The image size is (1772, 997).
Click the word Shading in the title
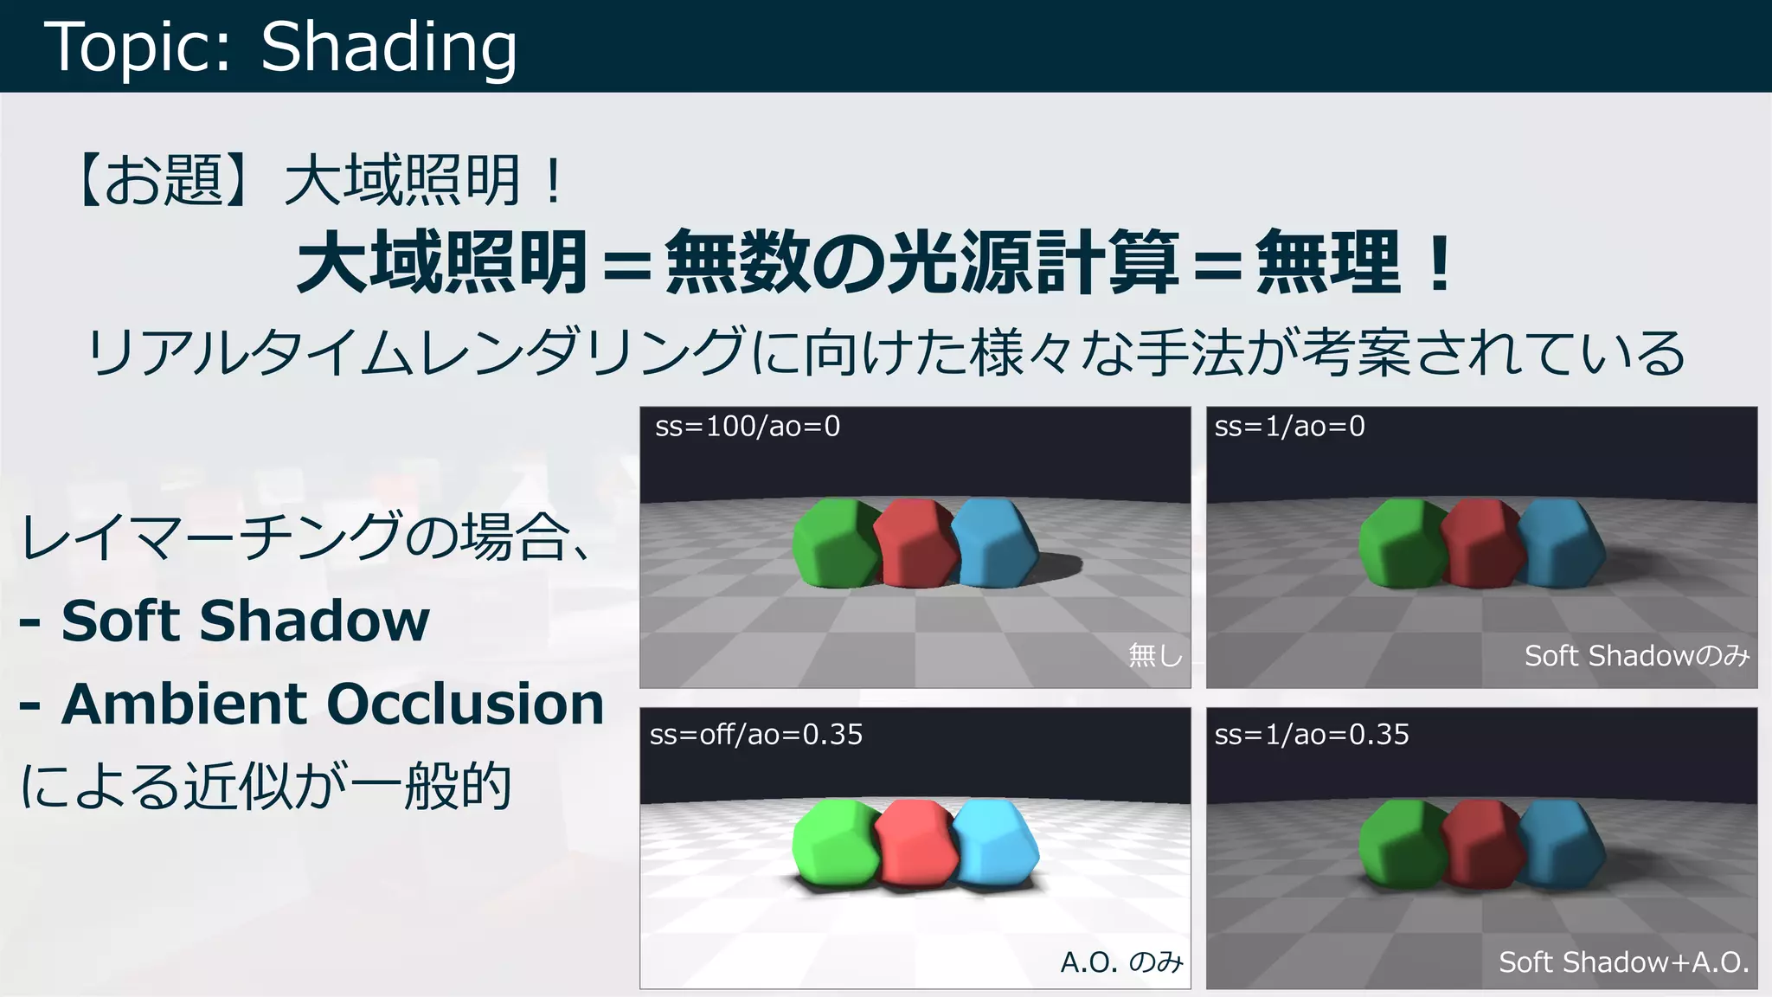pos(388,48)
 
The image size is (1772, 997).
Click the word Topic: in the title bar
pos(138,48)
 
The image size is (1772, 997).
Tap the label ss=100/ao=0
pos(748,427)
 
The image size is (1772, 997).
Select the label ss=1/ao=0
pos(1289,427)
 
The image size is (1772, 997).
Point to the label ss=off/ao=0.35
pos(756,735)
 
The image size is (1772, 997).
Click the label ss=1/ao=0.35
pos(1312,735)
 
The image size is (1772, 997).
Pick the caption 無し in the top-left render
pos(1155,655)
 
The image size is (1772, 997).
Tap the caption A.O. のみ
pos(1121,962)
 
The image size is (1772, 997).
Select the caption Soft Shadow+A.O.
pos(1624,962)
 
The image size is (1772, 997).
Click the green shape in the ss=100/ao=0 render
pos(834,544)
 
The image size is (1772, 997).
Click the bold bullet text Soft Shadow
pos(245,621)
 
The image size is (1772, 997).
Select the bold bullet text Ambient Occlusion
pos(332,704)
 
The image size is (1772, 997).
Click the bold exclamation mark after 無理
pos(1440,262)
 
